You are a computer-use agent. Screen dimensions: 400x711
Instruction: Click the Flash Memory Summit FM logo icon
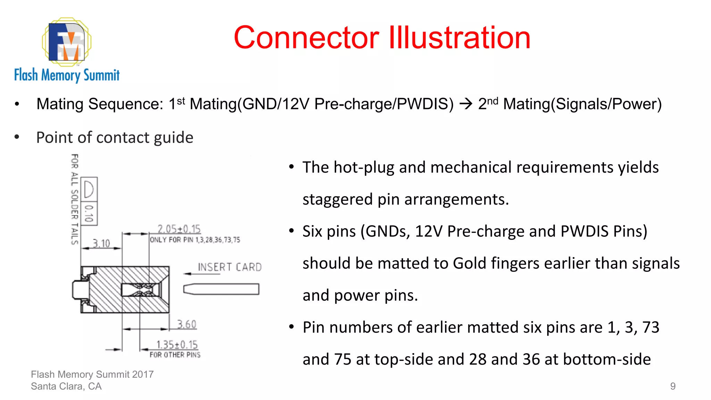pyautogui.click(x=67, y=42)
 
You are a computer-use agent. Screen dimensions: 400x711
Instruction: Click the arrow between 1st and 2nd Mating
pyautogui.click(x=466, y=104)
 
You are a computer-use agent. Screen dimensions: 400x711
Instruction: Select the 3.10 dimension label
pyautogui.click(x=101, y=243)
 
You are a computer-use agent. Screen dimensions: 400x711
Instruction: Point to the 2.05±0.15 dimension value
pyautogui.click(x=179, y=229)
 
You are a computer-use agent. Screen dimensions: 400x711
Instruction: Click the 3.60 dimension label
pyautogui.click(x=187, y=324)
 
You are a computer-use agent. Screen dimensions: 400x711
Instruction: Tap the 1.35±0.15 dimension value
pyautogui.click(x=177, y=344)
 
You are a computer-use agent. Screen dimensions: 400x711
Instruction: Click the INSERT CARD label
pyautogui.click(x=229, y=267)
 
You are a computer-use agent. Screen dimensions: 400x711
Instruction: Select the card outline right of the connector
pyautogui.click(x=221, y=289)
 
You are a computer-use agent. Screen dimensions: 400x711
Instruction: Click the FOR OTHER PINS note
pyautogui.click(x=175, y=355)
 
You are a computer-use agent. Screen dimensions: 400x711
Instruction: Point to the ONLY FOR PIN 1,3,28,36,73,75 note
pyautogui.click(x=195, y=240)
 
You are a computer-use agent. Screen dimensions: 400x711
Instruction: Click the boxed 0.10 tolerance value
pyautogui.click(x=89, y=213)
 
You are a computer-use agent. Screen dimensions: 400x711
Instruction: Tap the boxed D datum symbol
pyautogui.click(x=89, y=189)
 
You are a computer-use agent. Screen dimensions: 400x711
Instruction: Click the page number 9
pyautogui.click(x=672, y=386)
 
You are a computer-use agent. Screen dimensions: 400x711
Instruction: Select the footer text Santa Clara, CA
pyautogui.click(x=66, y=386)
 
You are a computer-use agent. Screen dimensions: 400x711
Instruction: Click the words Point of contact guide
pyautogui.click(x=115, y=137)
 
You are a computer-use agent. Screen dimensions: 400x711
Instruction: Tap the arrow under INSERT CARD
pyautogui.click(x=201, y=274)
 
